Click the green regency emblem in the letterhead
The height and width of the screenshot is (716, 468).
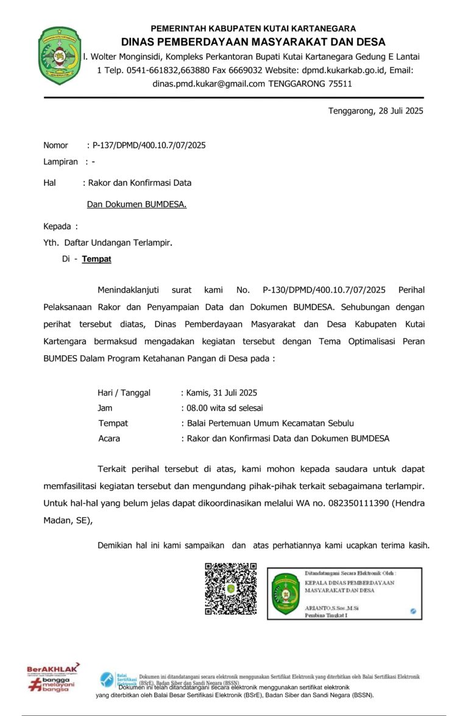(60, 55)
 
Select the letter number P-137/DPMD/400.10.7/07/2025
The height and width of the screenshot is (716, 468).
(149, 145)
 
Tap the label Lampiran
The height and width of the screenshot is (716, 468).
(60, 162)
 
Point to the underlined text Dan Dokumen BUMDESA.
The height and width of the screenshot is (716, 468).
(136, 204)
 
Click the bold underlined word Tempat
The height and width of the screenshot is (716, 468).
(97, 259)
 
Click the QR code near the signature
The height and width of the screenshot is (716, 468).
(230, 589)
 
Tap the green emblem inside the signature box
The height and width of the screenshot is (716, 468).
(285, 594)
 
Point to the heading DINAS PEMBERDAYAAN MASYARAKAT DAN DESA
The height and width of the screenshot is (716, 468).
(253, 42)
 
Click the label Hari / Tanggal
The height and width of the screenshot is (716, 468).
(124, 392)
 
